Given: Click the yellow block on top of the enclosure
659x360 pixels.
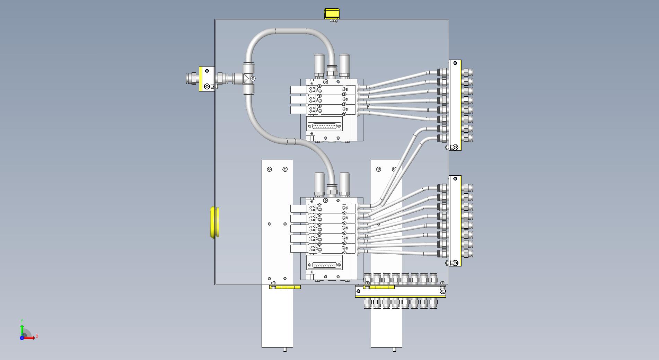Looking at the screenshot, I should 332,14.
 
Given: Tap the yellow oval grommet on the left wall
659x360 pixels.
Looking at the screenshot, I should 215,222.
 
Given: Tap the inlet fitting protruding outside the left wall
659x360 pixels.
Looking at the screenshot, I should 192,78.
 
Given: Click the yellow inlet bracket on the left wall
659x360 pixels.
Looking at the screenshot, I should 207,79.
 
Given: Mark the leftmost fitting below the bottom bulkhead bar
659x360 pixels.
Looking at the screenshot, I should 368,303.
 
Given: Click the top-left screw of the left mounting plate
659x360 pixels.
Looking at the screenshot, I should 270,169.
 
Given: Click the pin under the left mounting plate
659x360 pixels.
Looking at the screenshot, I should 285,349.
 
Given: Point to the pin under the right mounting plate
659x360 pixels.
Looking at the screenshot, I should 394,349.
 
